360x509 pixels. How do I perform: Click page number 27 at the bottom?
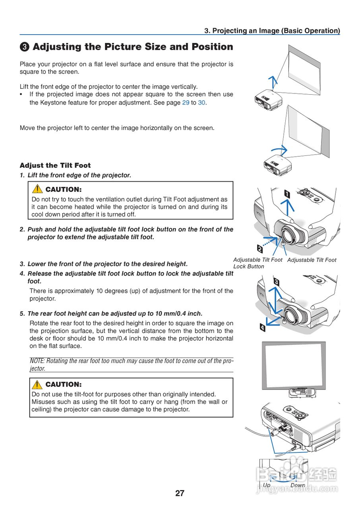180,493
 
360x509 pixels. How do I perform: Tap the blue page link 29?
186,103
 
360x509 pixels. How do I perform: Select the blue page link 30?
201,103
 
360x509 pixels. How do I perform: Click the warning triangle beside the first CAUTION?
37,189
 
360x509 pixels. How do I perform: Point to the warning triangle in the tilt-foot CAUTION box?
37,385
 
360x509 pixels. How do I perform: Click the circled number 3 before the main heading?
24,47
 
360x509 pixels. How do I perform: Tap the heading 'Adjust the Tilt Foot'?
55,165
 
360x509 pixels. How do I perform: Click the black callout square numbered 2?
260,249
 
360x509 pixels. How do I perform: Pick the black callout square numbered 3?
276,282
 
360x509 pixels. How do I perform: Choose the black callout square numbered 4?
262,328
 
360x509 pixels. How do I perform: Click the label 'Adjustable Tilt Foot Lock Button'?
257,263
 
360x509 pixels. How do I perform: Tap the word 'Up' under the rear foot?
267,485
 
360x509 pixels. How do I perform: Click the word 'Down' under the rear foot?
298,485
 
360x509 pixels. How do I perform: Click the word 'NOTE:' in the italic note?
37,361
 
